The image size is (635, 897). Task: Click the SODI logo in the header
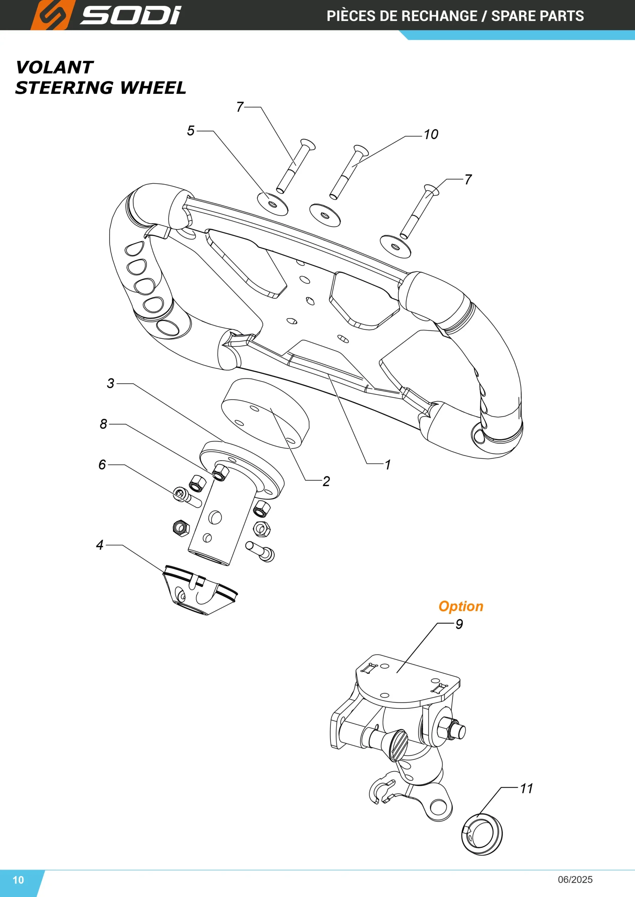pyautogui.click(x=106, y=15)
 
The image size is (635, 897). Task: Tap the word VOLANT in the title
pyautogui.click(x=54, y=68)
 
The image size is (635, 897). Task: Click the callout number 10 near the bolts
pyautogui.click(x=431, y=135)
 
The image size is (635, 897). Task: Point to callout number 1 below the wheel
pyautogui.click(x=387, y=465)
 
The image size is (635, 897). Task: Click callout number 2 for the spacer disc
pyautogui.click(x=326, y=481)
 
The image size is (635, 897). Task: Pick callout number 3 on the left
pyautogui.click(x=111, y=384)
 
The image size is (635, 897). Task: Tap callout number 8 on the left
pyautogui.click(x=103, y=424)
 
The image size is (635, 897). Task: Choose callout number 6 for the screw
pyautogui.click(x=102, y=465)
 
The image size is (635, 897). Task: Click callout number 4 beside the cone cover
pyautogui.click(x=100, y=545)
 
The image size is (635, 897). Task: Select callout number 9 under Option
pyautogui.click(x=459, y=624)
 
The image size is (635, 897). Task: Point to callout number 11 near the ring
pyautogui.click(x=526, y=789)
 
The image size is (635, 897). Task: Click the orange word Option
pyautogui.click(x=461, y=606)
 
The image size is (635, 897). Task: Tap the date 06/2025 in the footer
pyautogui.click(x=575, y=879)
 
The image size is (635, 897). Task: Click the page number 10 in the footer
pyautogui.click(x=18, y=880)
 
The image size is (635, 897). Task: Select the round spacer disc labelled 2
pyautogui.click(x=265, y=413)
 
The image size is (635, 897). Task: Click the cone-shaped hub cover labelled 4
pyautogui.click(x=200, y=590)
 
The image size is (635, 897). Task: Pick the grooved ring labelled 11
pyautogui.click(x=482, y=835)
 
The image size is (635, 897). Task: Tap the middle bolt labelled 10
pyautogui.click(x=348, y=172)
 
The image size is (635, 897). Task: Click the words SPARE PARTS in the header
pyautogui.click(x=538, y=16)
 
